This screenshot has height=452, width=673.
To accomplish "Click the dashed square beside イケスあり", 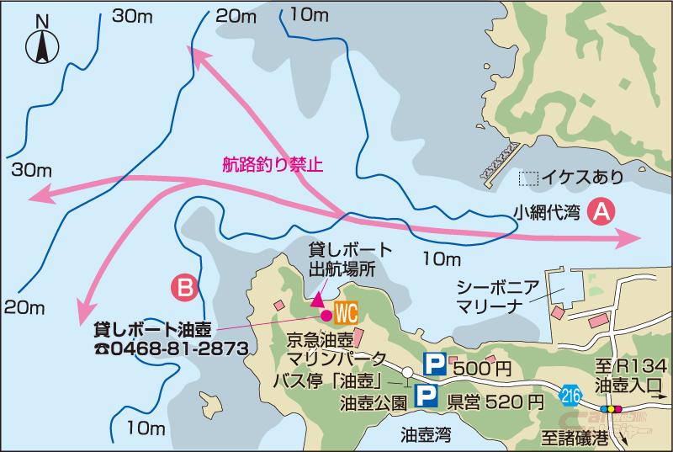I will coord(528,178).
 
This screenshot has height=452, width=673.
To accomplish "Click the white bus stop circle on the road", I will coord(406,371).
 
